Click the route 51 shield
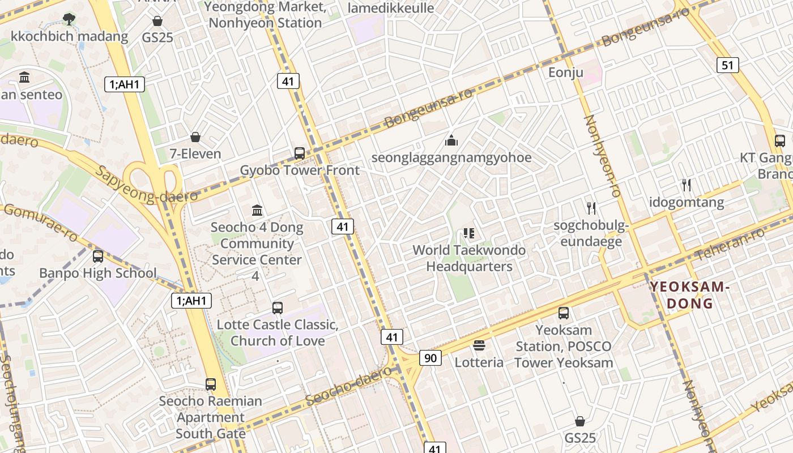[727, 65]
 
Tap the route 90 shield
[430, 357]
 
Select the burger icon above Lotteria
[479, 345]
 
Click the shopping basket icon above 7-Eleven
[195, 137]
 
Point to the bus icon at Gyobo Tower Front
[300, 153]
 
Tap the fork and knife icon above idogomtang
[687, 185]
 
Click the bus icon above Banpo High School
[98, 256]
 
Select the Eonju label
[565, 72]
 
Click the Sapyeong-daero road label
[146, 184]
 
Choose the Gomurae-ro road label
[40, 222]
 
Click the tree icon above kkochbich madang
[69, 19]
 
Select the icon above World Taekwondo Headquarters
[468, 233]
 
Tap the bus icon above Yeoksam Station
[563, 313]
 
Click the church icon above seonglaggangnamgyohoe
[451, 140]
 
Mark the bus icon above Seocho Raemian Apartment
[211, 384]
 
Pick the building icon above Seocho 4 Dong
[257, 210]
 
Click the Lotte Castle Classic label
[278, 325]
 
